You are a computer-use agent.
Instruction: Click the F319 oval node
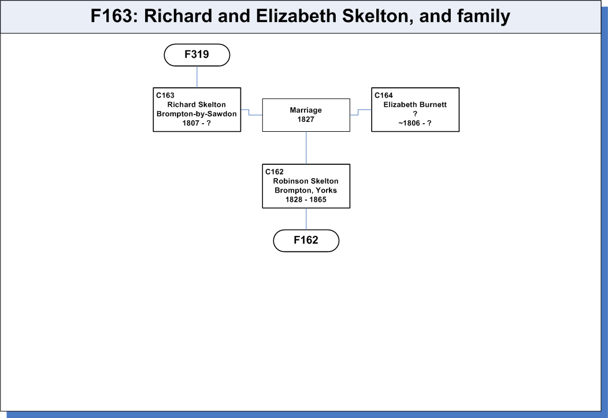click(197, 55)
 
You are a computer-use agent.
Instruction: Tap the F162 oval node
click(306, 241)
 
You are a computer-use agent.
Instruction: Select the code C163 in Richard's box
click(165, 95)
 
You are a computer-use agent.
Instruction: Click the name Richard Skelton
click(197, 105)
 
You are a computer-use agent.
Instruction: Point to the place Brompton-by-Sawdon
click(197, 114)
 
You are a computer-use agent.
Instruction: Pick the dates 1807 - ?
click(197, 123)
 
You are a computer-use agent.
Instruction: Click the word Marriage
click(306, 110)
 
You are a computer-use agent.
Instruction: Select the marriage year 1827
click(306, 120)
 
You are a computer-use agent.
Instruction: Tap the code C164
click(384, 95)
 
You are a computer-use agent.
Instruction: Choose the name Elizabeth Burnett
click(415, 105)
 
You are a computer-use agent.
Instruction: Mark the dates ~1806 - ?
click(415, 123)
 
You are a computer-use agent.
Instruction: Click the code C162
click(275, 172)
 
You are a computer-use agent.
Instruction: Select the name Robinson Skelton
click(306, 181)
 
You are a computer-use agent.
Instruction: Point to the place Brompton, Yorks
click(306, 190)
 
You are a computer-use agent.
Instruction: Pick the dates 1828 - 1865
click(306, 199)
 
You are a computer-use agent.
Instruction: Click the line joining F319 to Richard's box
click(197, 77)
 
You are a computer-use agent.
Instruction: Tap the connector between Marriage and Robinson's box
click(306, 148)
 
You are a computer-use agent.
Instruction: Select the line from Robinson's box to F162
click(306, 219)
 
